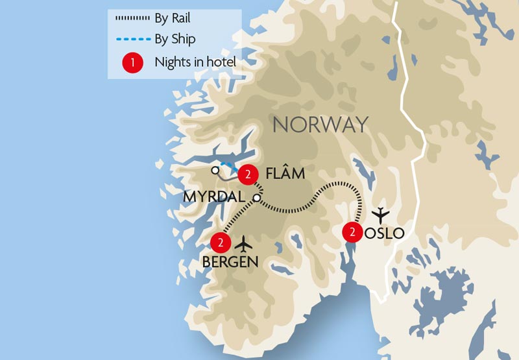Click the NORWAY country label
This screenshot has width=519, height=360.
click(x=320, y=124)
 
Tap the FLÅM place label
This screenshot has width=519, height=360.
click(x=285, y=174)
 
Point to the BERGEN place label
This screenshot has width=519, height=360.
click(x=230, y=262)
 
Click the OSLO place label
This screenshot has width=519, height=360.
click(x=384, y=233)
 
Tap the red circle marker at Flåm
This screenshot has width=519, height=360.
click(x=247, y=173)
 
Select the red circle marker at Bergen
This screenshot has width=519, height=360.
click(x=221, y=243)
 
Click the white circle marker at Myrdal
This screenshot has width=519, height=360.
click(x=257, y=197)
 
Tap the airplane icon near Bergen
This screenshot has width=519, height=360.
click(x=244, y=244)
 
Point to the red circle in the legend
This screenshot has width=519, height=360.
click(x=132, y=63)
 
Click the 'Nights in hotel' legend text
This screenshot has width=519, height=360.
click(x=195, y=63)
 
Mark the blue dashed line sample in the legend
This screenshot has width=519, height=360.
click(x=132, y=39)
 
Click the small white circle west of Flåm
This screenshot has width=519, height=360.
click(x=215, y=170)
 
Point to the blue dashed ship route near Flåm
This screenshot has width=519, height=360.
click(x=228, y=165)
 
